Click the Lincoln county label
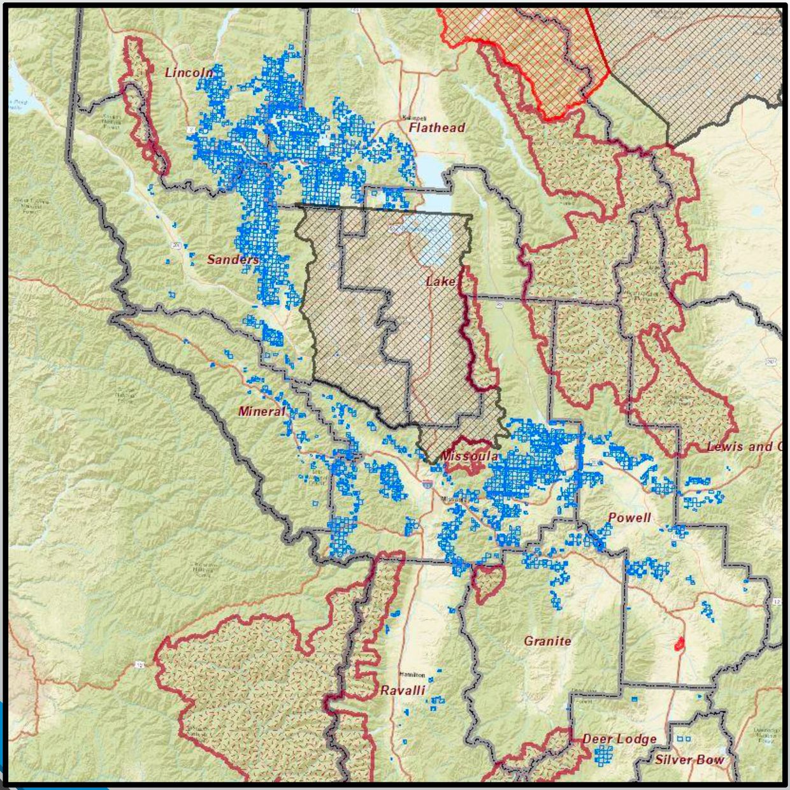click(x=189, y=73)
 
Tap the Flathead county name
click(x=436, y=128)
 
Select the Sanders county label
click(x=233, y=260)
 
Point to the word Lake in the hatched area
click(x=441, y=282)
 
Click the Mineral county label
click(x=262, y=412)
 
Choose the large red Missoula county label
click(x=469, y=457)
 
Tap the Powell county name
click(x=629, y=518)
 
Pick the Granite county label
click(x=547, y=641)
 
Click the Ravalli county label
click(x=402, y=691)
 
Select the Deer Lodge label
click(x=619, y=740)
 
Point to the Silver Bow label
click(x=689, y=760)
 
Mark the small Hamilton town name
click(x=412, y=675)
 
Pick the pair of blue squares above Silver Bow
click(x=683, y=739)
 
